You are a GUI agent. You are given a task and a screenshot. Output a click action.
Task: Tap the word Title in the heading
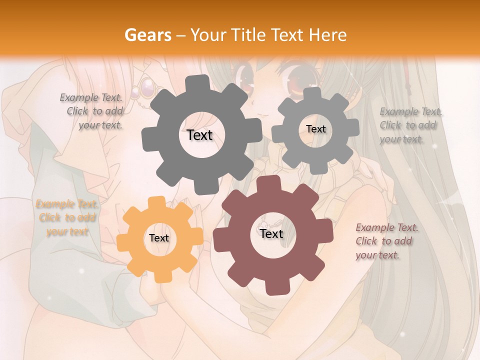(248, 35)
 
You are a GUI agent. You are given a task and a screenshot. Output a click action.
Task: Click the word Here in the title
(329, 35)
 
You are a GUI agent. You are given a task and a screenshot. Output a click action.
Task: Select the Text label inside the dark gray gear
(200, 135)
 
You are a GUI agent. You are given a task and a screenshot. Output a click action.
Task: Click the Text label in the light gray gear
(315, 129)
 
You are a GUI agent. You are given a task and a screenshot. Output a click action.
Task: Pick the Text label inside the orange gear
(159, 238)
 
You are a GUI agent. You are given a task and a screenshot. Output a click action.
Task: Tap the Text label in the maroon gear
(271, 234)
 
